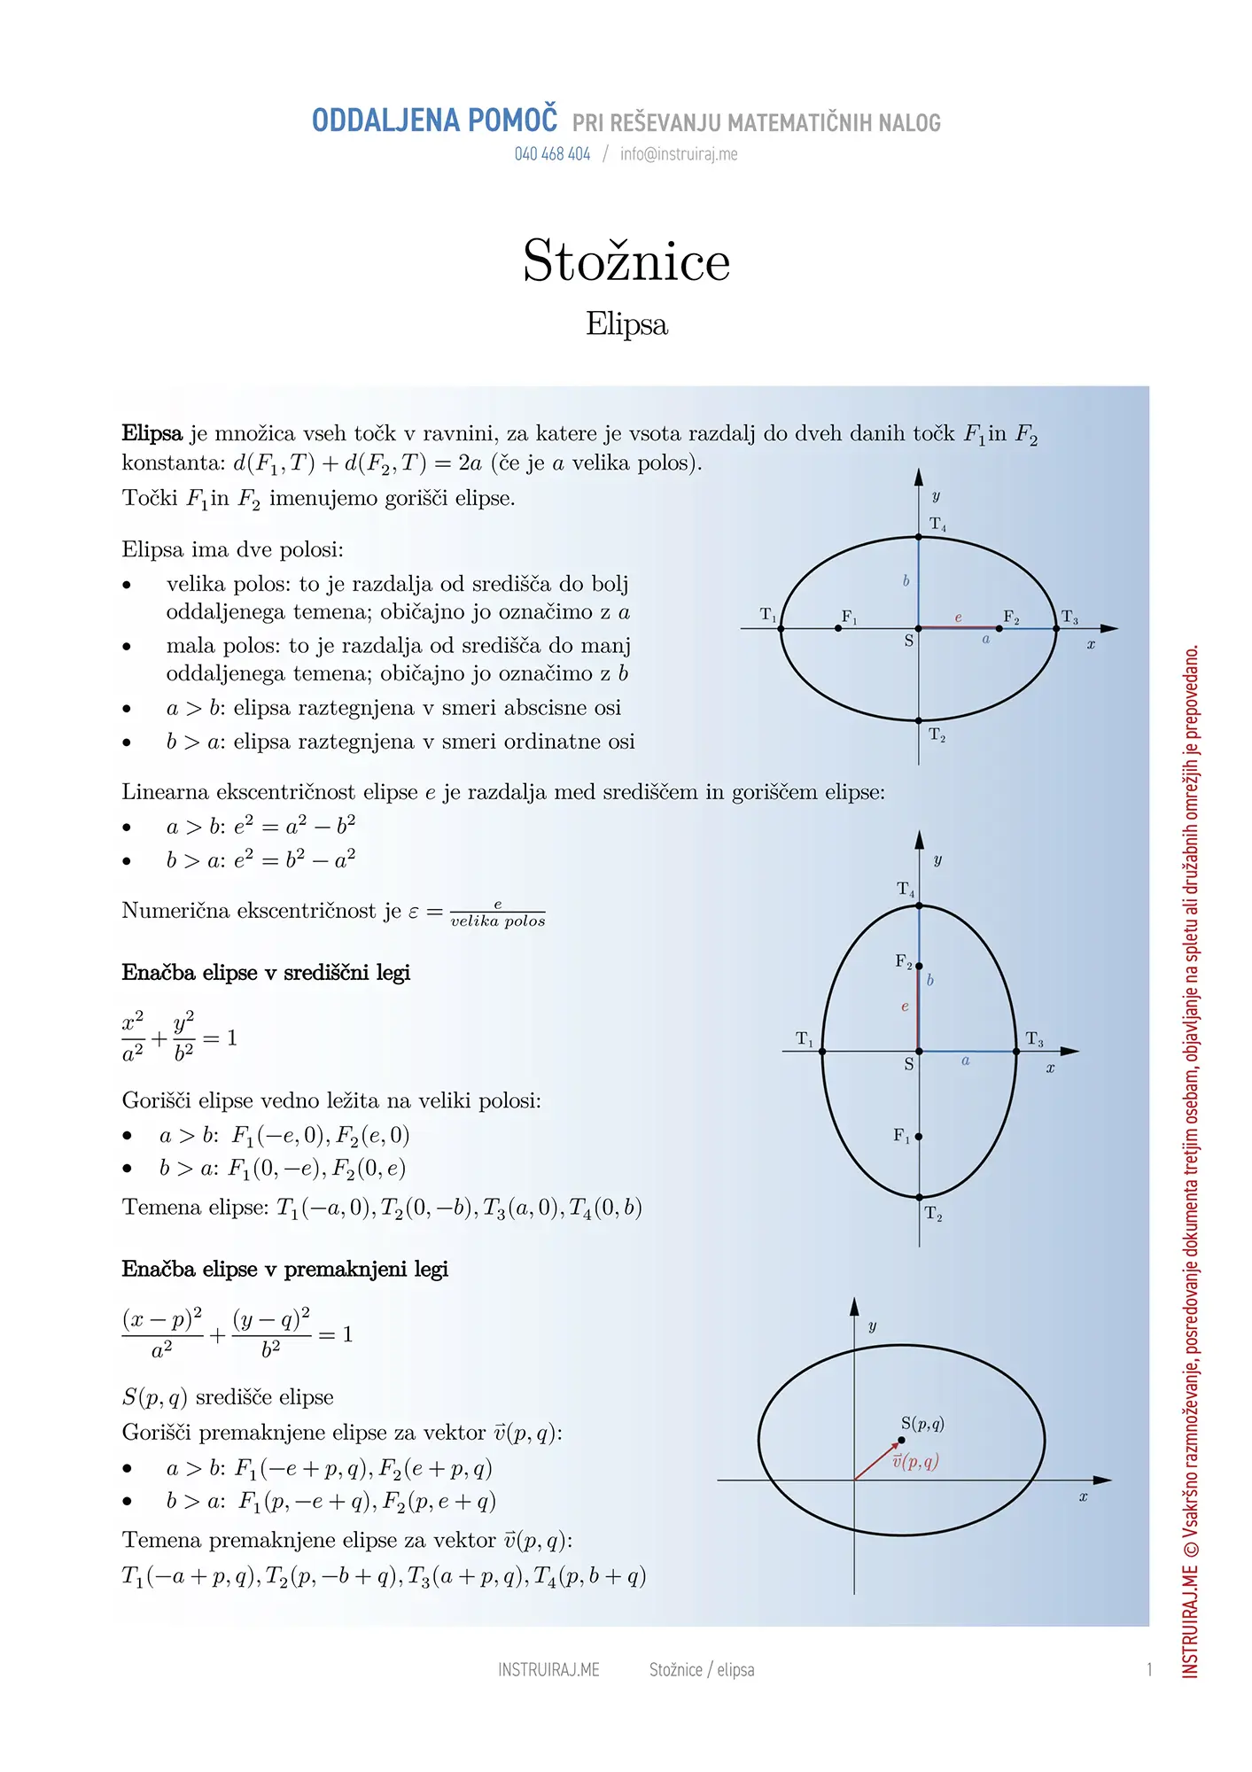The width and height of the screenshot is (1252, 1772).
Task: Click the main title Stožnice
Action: coord(626,261)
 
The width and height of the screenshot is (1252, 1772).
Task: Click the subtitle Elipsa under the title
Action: coord(626,324)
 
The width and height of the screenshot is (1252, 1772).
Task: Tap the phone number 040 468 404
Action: coord(552,154)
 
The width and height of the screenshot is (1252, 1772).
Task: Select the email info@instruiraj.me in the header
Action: coord(679,154)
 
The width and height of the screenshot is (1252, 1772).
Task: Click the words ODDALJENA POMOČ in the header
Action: coord(434,120)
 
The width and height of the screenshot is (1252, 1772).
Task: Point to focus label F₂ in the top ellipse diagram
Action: coord(1011,617)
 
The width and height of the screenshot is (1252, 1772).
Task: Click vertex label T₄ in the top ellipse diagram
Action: coord(937,525)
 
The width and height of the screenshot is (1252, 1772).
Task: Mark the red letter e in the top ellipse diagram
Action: coord(958,618)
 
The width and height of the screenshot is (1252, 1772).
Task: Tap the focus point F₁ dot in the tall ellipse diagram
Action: coord(919,1136)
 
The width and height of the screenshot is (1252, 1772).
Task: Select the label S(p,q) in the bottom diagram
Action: coord(922,1424)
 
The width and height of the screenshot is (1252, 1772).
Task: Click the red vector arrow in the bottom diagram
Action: coord(877,1460)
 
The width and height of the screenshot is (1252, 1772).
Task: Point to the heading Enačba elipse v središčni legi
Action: coord(266,973)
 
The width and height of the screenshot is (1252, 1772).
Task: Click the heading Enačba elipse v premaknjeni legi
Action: coord(284,1270)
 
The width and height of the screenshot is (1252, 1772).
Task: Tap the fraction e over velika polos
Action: coord(497,913)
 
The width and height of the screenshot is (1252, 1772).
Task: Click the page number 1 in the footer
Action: coord(1149,1670)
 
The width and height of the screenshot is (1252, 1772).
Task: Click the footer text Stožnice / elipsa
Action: coord(702,1670)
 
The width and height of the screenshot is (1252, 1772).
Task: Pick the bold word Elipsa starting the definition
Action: coord(152,434)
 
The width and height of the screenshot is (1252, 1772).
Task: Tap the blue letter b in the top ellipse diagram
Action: coord(906,581)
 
